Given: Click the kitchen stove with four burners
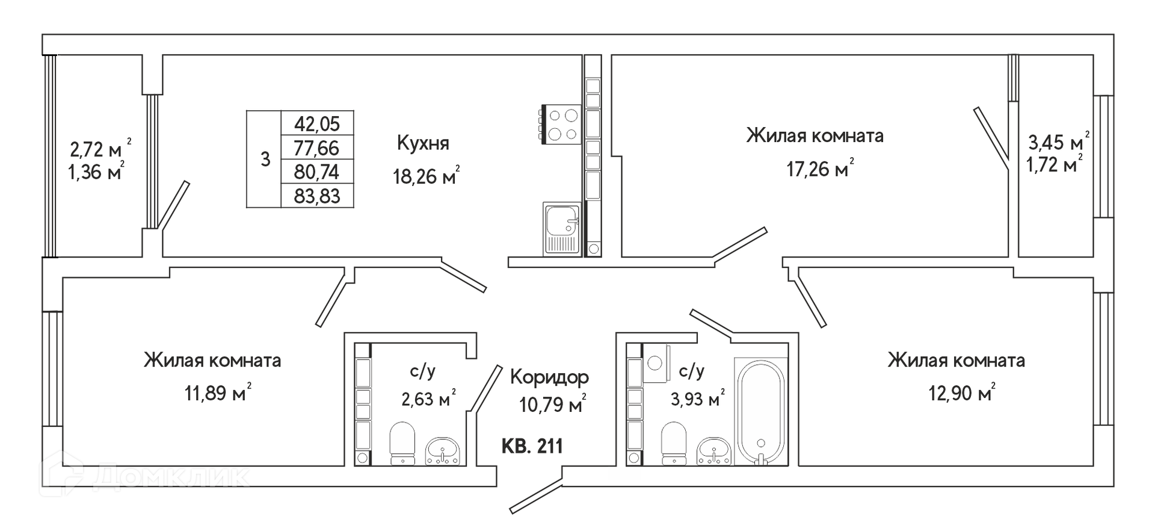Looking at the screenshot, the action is click(x=561, y=125).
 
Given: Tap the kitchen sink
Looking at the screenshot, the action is click(x=562, y=229).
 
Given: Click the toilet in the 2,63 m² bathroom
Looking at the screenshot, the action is click(x=402, y=443).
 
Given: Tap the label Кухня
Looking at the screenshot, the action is click(x=423, y=143).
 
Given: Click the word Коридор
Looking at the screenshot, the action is click(x=549, y=377).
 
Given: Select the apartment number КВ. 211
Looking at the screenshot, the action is click(x=532, y=446).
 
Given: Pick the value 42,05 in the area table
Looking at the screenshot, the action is click(x=317, y=123).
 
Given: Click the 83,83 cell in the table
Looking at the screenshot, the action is click(x=317, y=196).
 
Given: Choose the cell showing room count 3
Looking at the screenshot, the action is click(x=265, y=160).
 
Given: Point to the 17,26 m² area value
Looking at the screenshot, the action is click(x=820, y=169).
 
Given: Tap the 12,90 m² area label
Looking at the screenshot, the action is click(x=961, y=393).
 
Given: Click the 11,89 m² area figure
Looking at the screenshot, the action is click(x=218, y=393).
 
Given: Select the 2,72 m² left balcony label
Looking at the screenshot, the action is click(x=100, y=148).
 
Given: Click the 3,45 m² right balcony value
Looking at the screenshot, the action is click(x=1058, y=142).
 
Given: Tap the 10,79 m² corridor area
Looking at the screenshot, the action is click(x=552, y=404).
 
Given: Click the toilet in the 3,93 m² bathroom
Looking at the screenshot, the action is click(x=674, y=443).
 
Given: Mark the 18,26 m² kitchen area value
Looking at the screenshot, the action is click(x=426, y=176).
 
